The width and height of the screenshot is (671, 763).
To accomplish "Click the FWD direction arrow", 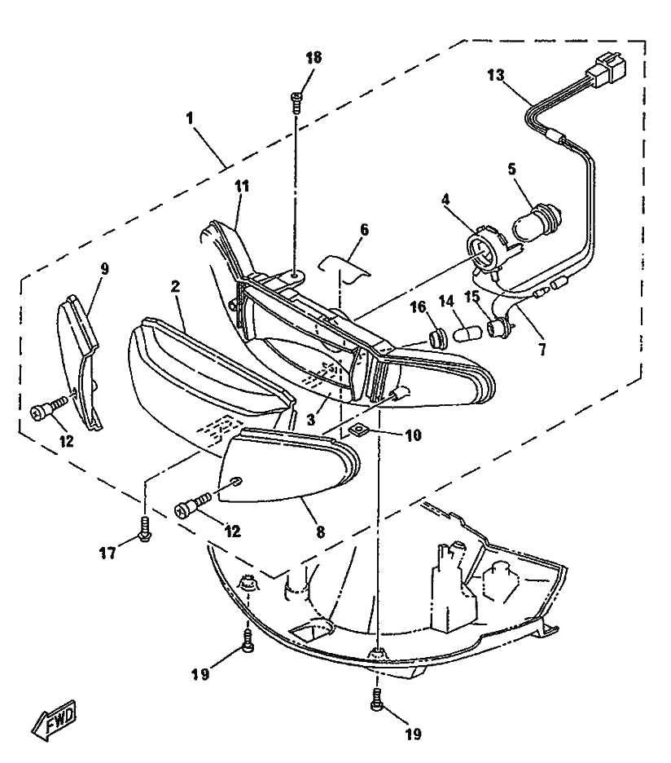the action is (54, 720).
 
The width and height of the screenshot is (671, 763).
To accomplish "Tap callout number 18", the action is (314, 57).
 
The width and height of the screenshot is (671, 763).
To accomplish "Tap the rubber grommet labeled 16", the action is (440, 337).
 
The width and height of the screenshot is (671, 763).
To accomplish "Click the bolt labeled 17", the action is (144, 528).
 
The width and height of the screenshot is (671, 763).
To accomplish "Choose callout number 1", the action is (189, 117).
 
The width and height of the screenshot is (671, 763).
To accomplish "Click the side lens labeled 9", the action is (79, 362).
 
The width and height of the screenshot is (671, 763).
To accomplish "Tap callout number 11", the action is (242, 186).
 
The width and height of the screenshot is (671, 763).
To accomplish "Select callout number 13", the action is (496, 76).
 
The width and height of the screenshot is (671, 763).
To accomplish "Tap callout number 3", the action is (311, 418).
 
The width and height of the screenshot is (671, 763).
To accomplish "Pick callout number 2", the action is (176, 286).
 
